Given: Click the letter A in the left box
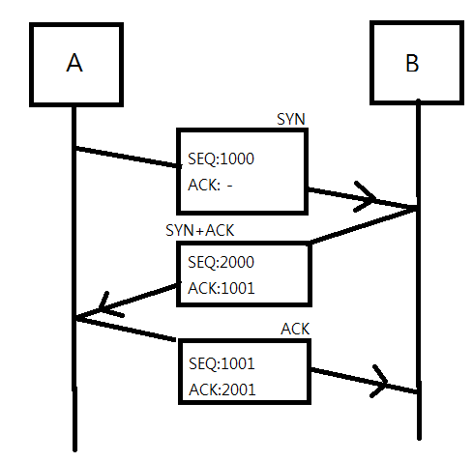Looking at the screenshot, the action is click(x=74, y=63).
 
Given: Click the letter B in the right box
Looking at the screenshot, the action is click(x=412, y=63).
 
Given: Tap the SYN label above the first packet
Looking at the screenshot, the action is click(x=291, y=119).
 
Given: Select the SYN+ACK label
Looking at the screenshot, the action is click(x=199, y=230).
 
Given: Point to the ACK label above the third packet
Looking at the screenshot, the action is click(x=295, y=329).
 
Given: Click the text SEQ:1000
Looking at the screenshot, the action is click(x=221, y=158).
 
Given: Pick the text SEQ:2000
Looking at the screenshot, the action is click(x=221, y=262).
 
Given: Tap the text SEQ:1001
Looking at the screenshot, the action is click(x=222, y=363).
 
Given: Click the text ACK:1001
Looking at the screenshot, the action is click(x=222, y=288).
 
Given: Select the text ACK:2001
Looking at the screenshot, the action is click(x=222, y=389).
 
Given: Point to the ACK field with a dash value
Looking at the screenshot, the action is click(x=210, y=185).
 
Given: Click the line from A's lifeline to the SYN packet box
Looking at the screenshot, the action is click(x=129, y=157).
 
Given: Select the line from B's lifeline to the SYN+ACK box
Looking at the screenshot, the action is click(x=364, y=226).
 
